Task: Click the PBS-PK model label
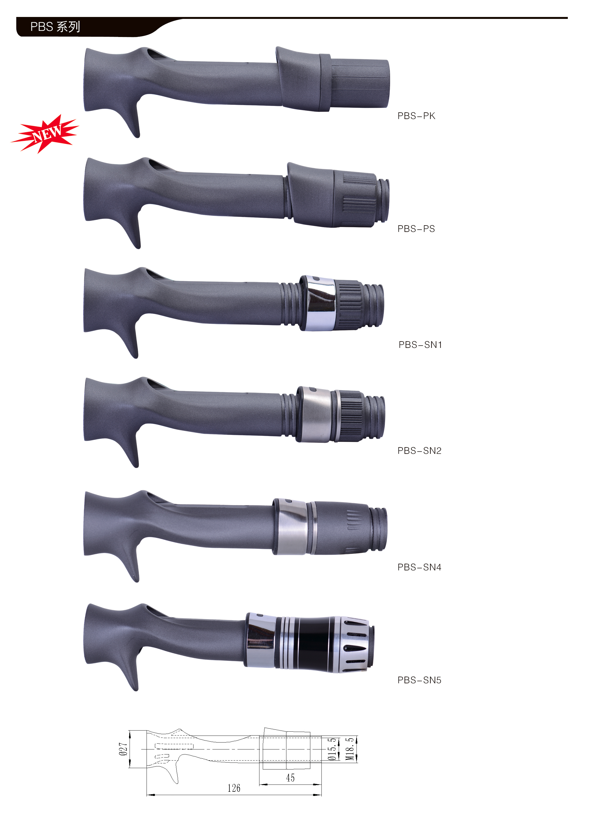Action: click(x=416, y=116)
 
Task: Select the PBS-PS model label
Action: click(x=416, y=229)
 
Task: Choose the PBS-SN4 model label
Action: click(x=419, y=567)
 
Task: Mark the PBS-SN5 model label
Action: click(x=419, y=680)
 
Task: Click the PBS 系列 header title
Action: click(x=55, y=27)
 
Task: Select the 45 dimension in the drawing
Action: click(x=290, y=778)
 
